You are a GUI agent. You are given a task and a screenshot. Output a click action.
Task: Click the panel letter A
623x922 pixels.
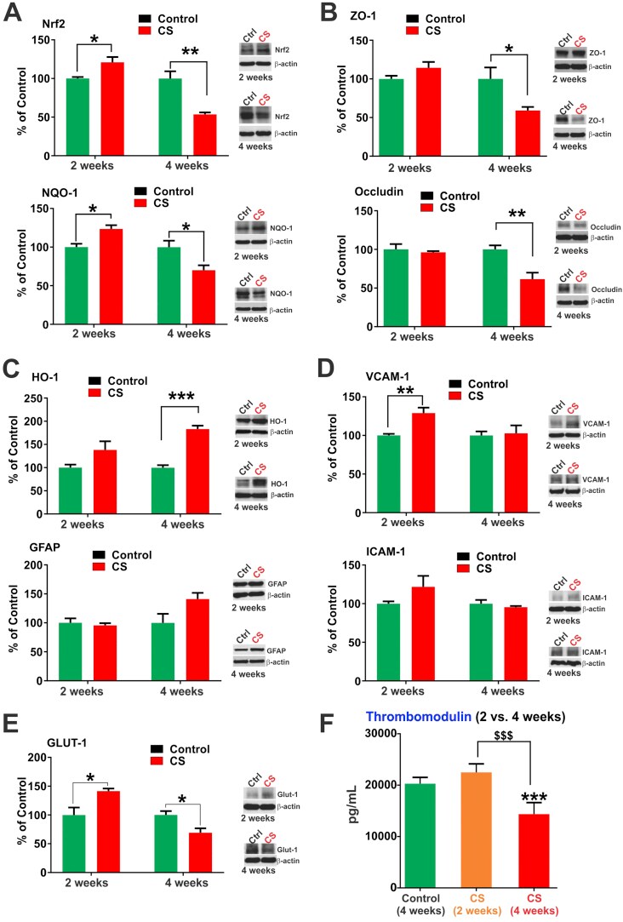tap(14, 13)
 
